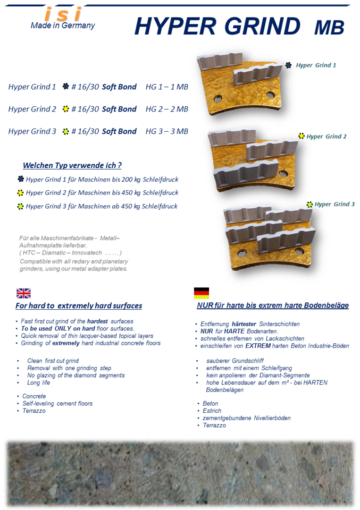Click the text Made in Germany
63,25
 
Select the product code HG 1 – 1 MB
167,87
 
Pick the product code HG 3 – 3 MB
167,131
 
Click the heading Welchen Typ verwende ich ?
72,165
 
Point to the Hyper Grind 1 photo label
316,65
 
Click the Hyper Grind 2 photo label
326,136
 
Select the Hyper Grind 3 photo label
335,204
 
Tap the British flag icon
24,293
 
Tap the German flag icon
201,293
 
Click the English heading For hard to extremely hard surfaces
79,306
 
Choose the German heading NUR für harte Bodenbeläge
273,306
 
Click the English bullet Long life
38,382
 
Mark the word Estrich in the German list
212,411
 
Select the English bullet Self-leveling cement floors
58,404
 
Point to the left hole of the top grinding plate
218,99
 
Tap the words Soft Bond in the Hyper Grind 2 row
119,109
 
